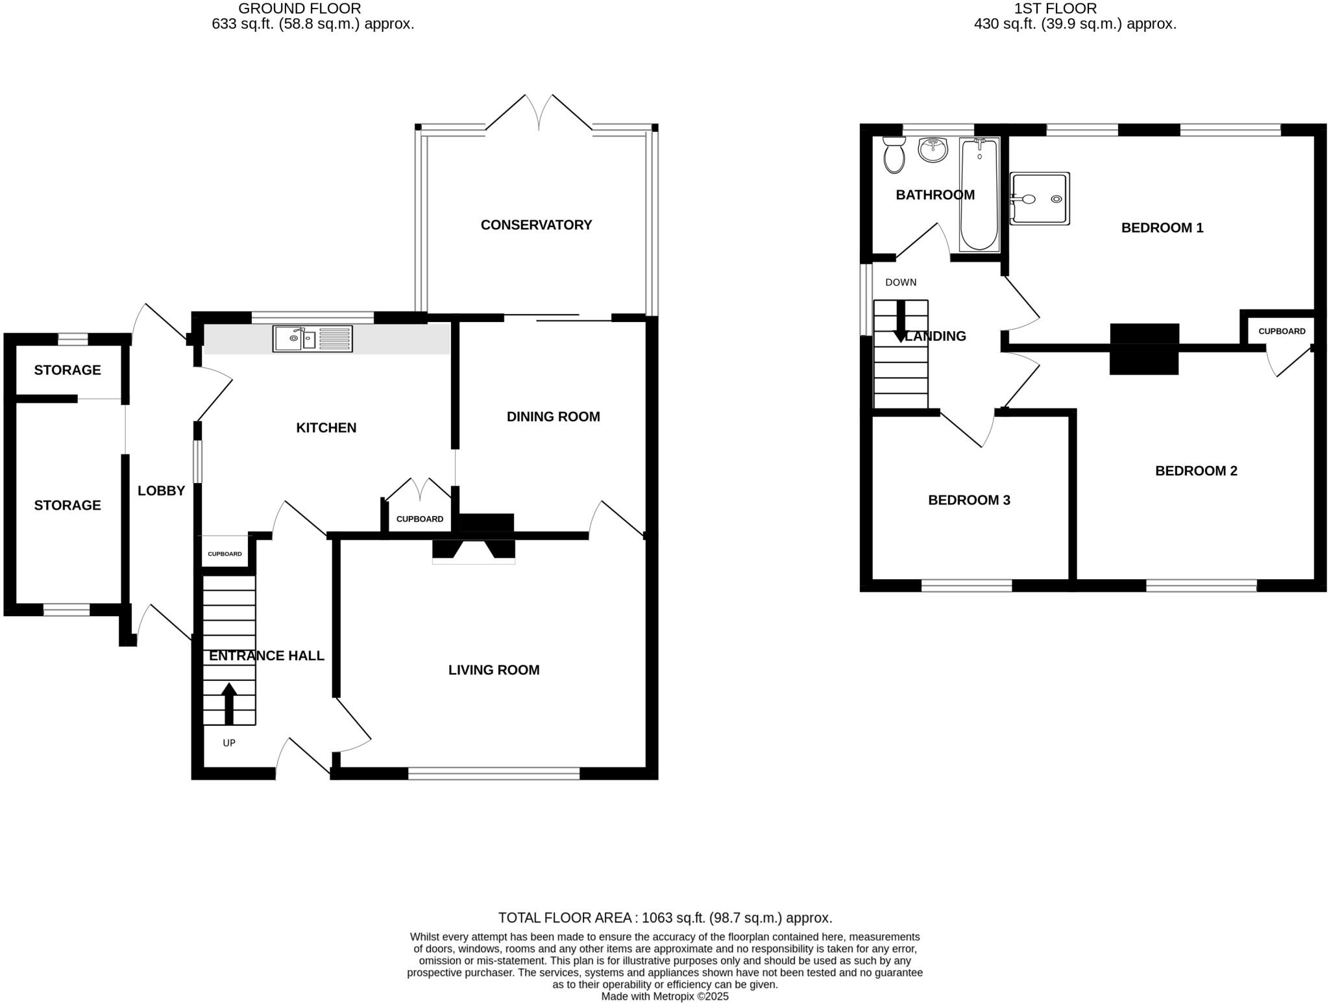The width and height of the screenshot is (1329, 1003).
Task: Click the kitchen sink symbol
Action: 312,339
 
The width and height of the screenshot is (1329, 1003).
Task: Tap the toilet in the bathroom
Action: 894,156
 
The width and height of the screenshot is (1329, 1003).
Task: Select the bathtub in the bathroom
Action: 979,195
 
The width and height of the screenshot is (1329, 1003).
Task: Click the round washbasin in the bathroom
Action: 933,150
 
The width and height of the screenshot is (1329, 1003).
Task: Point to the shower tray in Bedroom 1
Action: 1040,199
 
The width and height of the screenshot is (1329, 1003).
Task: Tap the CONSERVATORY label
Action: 536,225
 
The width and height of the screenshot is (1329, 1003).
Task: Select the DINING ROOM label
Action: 553,417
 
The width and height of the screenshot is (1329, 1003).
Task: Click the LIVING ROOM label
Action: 494,670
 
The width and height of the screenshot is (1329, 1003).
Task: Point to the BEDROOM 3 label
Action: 969,500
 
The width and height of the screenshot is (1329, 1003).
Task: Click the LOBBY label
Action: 161,491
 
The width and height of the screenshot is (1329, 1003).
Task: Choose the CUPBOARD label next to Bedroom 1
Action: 1282,331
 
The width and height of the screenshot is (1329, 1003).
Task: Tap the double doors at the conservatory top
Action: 539,114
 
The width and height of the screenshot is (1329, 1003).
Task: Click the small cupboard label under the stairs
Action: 225,554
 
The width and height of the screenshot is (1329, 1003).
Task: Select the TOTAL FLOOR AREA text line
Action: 664,918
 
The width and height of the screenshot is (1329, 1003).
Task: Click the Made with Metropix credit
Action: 664,997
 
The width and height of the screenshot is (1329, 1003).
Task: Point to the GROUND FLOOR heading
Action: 300,8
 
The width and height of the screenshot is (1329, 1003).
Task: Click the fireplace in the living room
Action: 474,551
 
